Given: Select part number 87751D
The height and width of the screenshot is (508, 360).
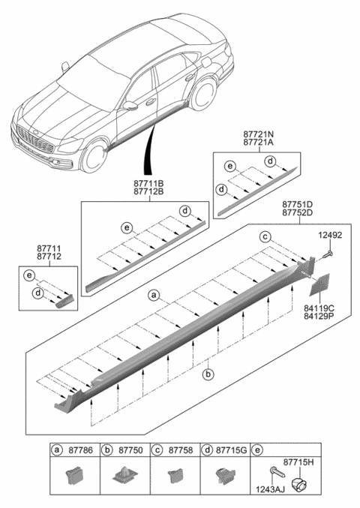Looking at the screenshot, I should [x=298, y=203].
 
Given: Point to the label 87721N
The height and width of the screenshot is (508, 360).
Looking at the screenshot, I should [x=258, y=133].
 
